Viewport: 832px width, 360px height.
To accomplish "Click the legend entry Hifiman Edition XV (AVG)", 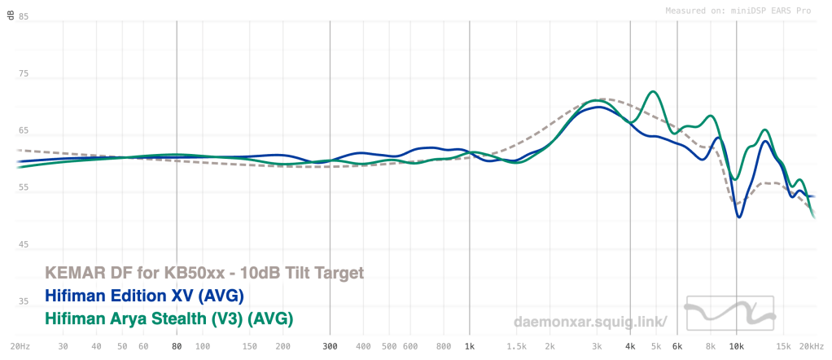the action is click(x=144, y=296).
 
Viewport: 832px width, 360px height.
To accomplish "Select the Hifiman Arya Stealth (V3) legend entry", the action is click(x=169, y=318).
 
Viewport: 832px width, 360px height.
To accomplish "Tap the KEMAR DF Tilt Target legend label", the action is click(x=204, y=273).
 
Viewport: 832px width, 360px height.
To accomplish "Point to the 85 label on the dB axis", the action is click(x=24, y=16).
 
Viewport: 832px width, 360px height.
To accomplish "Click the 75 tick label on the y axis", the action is click(x=24, y=74).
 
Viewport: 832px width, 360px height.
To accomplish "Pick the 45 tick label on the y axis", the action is click(x=24, y=245).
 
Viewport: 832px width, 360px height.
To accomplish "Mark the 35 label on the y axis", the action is click(x=24, y=301).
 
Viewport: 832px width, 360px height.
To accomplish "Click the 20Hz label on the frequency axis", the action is click(x=20, y=346).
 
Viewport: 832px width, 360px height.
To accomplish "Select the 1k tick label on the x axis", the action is click(x=469, y=346).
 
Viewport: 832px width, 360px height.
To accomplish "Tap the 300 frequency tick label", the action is click(x=330, y=346).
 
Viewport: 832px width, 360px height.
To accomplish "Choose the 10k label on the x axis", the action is click(x=737, y=346).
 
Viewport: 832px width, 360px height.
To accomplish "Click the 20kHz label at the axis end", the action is click(x=812, y=346).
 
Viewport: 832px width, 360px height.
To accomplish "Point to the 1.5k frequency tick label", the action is click(x=517, y=346).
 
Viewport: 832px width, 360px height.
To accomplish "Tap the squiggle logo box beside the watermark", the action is click(x=730, y=313).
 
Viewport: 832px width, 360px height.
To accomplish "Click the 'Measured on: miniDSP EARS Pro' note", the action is click(x=738, y=11).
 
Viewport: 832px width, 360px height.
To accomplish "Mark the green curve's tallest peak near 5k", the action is click(x=654, y=91).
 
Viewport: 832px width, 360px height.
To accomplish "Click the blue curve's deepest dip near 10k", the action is click(x=738, y=217).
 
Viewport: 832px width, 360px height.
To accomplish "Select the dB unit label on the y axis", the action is click(x=10, y=16).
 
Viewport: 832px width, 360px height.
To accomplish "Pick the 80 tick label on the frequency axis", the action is click(x=177, y=346).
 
